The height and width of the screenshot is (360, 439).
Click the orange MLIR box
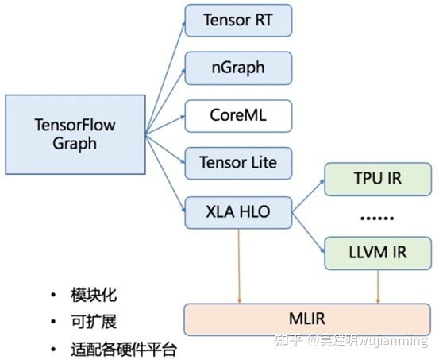pyautogui.click(x=310, y=318)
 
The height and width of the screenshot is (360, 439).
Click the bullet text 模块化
pyautogui.click(x=94, y=295)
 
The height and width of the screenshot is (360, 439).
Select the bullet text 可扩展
pyautogui.click(x=94, y=322)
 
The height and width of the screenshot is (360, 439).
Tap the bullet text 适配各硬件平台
pyautogui.click(x=124, y=349)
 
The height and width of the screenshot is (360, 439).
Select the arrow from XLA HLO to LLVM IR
pyautogui.click(x=309, y=231)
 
